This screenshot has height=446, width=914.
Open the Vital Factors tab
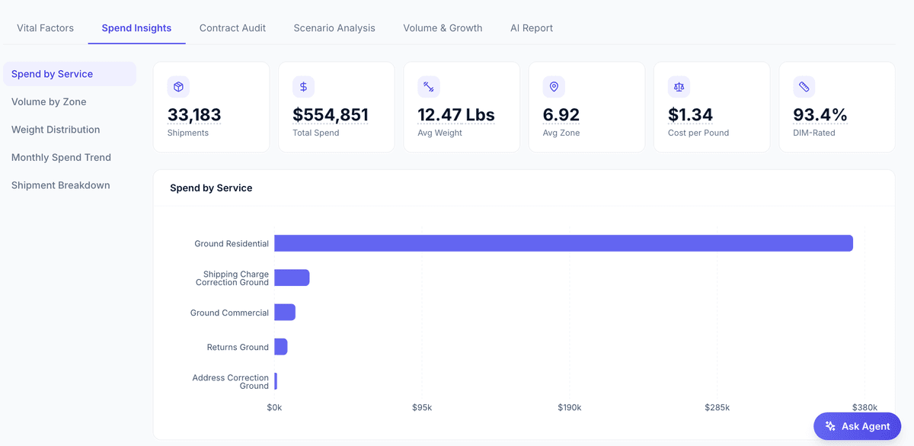(46, 28)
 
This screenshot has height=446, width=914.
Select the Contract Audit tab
(232, 28)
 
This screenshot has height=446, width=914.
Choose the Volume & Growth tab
(443, 28)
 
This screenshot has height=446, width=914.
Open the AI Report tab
(532, 28)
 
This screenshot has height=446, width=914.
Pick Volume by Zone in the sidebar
(49, 102)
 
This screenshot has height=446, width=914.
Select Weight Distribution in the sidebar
(56, 130)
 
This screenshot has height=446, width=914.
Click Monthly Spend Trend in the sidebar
(61, 158)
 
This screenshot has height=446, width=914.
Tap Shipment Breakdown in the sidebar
(60, 185)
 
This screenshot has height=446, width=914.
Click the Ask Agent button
(857, 426)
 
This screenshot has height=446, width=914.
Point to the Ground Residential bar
(563, 243)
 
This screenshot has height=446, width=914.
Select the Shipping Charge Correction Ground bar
(292, 278)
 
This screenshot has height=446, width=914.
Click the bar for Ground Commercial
(285, 313)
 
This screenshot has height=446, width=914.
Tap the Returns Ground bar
(281, 347)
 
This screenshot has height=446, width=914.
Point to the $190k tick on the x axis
(569, 408)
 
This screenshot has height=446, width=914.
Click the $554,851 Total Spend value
(331, 115)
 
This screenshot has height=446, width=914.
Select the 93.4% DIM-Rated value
(820, 115)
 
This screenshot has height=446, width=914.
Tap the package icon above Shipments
(178, 87)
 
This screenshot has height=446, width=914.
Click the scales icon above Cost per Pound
(679, 87)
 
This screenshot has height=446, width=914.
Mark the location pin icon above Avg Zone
(554, 87)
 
